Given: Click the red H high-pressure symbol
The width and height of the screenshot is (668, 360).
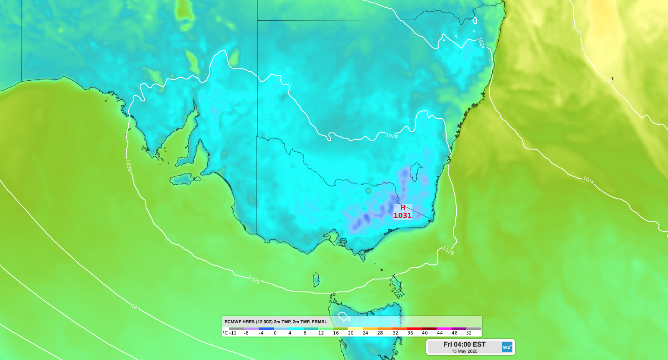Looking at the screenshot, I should (402, 208).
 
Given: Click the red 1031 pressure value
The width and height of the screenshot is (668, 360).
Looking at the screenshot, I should (402, 215).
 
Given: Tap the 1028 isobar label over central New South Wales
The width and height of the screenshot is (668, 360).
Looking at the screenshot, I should (392, 136).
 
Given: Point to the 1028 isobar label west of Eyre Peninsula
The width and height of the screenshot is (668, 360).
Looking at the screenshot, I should (129, 165).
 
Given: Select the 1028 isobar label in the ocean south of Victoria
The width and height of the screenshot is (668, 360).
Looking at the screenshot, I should (254, 280).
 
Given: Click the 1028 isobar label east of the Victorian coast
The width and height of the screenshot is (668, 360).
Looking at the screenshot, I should (448, 250).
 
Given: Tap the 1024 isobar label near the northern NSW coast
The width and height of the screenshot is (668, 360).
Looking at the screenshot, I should (481, 42).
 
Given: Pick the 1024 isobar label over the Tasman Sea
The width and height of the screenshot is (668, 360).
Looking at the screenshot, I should (588, 180).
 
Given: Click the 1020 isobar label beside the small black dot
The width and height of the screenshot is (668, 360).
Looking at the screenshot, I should (605, 79).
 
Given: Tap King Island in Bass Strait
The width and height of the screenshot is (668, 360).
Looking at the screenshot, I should (316, 280).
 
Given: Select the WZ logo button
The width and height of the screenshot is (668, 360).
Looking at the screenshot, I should (507, 347).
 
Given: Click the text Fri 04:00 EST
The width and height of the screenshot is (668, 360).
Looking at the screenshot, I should (464, 344).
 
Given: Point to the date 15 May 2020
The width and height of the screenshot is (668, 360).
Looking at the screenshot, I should (464, 351).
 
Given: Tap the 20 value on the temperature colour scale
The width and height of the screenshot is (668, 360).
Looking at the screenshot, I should (351, 333).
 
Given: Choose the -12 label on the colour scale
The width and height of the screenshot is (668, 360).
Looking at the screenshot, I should (233, 333).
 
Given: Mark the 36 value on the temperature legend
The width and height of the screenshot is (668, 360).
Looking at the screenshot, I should (410, 333).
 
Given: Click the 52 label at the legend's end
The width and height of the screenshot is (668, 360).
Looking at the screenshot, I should (469, 333).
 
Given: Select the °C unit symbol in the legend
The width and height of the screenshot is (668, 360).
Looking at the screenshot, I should (225, 333).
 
